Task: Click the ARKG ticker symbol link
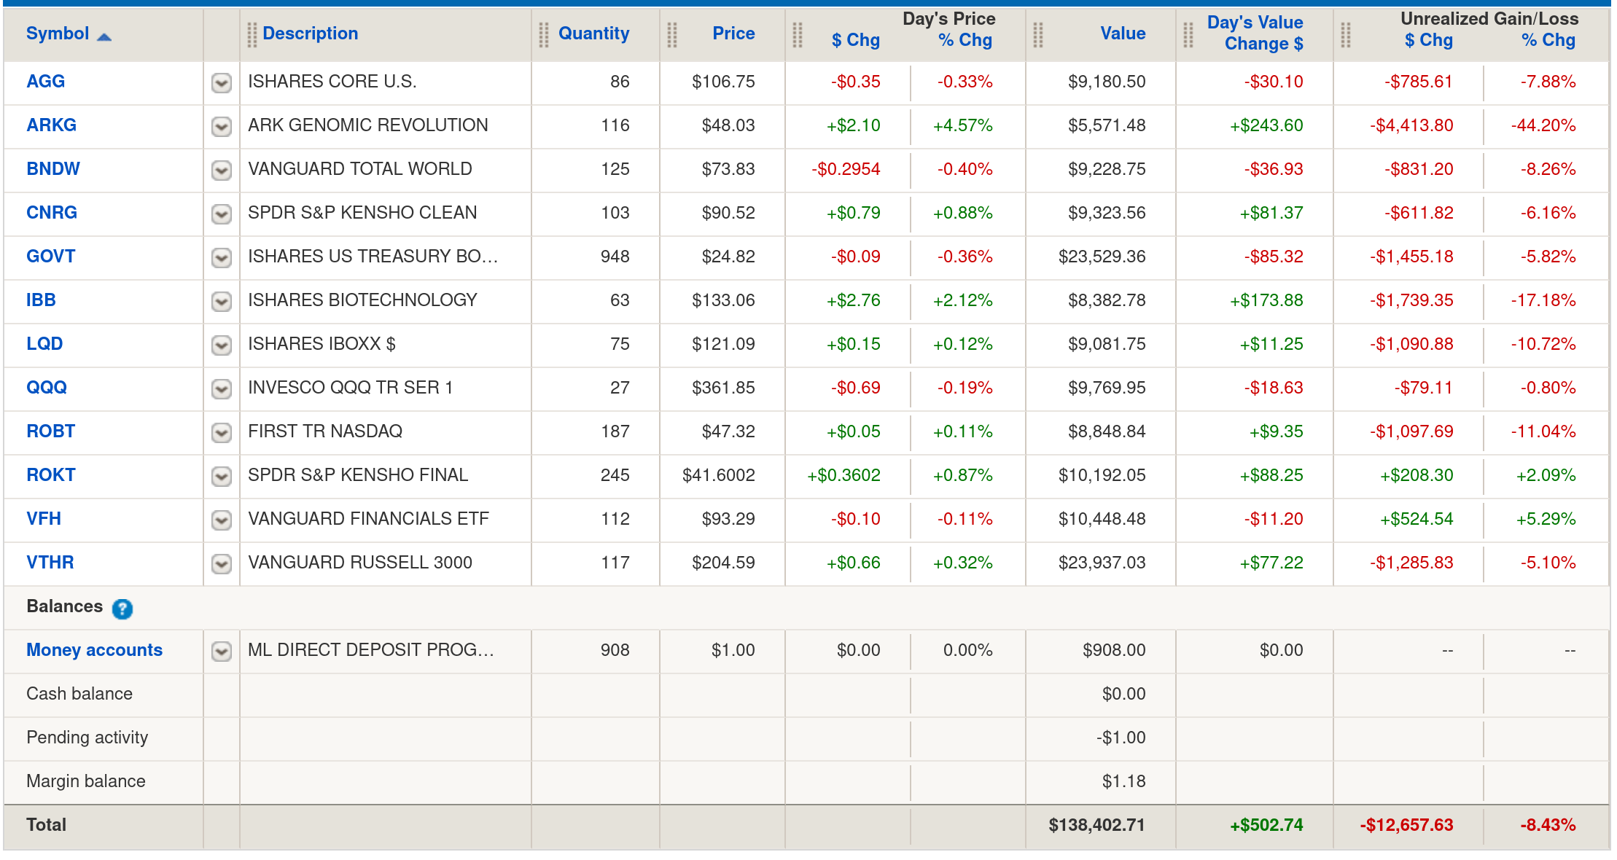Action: [51, 125]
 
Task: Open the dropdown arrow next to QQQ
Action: [222, 388]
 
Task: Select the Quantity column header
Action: [593, 34]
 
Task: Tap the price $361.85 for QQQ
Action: [723, 388]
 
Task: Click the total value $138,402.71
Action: [1096, 825]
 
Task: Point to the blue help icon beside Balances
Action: [122, 609]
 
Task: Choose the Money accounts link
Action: [94, 650]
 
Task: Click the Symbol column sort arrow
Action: [104, 37]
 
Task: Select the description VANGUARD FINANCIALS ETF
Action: [368, 519]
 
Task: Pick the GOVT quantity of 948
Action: [615, 257]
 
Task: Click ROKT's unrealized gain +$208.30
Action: [1416, 475]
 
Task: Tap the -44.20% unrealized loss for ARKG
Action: [1543, 125]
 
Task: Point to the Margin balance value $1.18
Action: [1123, 781]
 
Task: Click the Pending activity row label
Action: [87, 738]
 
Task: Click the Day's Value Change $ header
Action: [1255, 34]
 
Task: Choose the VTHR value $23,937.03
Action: [1102, 563]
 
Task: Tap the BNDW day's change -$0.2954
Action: [846, 169]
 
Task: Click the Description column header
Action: [310, 34]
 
